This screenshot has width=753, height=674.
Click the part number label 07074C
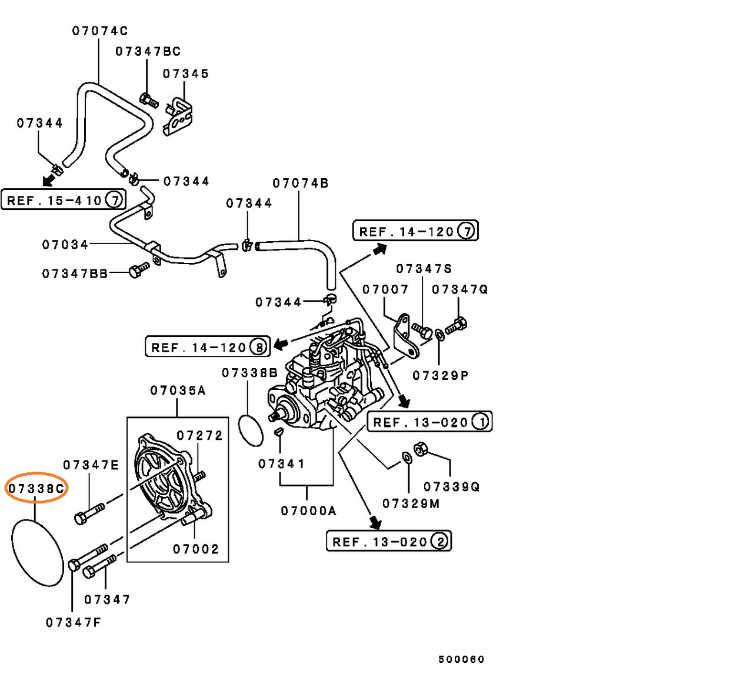[x=99, y=31]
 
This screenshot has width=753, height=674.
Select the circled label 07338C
[x=36, y=488]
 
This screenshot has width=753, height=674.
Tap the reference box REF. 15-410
[x=64, y=200]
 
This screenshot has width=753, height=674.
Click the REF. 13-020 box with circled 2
[x=388, y=541]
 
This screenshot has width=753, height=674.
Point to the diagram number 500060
[x=461, y=659]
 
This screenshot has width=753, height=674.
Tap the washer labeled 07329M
[x=407, y=458]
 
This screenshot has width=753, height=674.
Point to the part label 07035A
[x=178, y=391]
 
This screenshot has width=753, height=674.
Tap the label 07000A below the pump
[x=308, y=511]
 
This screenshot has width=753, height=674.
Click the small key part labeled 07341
[x=279, y=431]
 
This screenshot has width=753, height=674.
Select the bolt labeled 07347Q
[x=456, y=325]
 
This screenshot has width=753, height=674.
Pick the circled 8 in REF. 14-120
[x=258, y=347]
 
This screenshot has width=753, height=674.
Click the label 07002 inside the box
[x=196, y=549]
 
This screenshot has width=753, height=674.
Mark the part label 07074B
[x=301, y=183]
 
